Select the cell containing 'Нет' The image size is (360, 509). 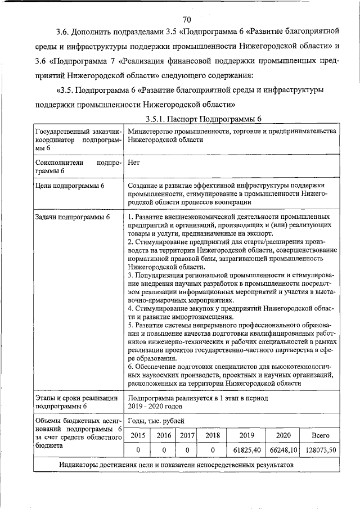(134, 163)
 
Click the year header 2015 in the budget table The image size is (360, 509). (138, 435)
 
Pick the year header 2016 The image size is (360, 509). (164, 435)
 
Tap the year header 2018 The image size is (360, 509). (213, 435)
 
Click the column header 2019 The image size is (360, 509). (246, 435)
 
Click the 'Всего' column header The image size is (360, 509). (320, 435)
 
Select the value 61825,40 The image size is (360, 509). (246, 450)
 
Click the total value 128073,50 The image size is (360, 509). (320, 450)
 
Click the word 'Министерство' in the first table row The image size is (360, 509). (152, 130)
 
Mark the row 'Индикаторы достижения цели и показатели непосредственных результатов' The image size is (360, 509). (176, 465)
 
